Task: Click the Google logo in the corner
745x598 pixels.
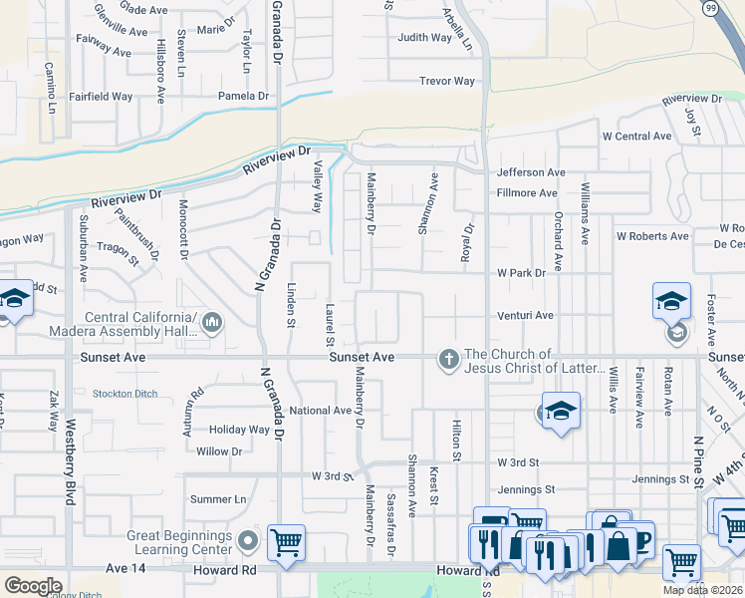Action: [32, 586]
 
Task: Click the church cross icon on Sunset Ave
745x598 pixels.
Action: [448, 359]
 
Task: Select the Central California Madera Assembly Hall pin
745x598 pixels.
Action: [211, 322]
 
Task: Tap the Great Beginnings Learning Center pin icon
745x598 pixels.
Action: [249, 541]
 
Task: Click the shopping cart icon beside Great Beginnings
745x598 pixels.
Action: [286, 542]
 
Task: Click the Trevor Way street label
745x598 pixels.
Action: [447, 82]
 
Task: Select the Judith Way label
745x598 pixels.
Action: [425, 38]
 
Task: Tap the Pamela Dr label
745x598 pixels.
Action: [245, 97]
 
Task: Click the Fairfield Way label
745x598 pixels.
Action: [101, 97]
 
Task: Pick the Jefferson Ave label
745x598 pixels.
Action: [531, 172]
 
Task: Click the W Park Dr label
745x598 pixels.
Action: [522, 272]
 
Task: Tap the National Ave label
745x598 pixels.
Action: [321, 411]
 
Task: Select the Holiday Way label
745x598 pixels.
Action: [239, 431]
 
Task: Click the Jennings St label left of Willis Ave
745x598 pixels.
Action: [526, 490]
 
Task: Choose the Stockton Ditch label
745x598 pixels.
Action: [124, 394]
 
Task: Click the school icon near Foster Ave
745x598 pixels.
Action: [671, 300]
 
